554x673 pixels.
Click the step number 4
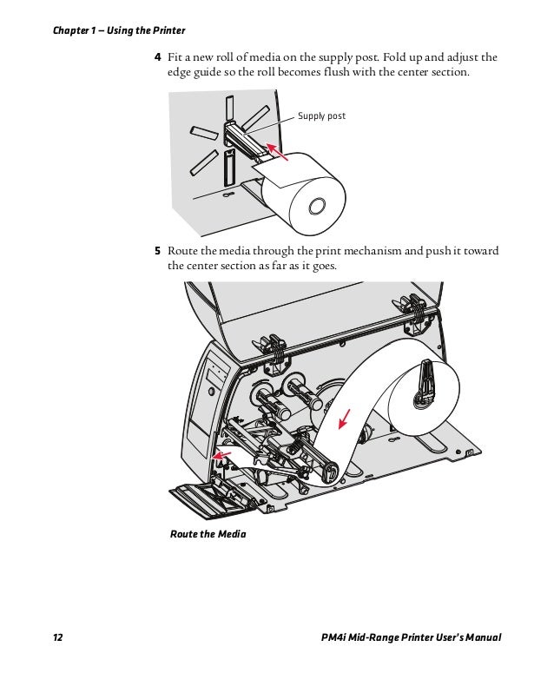(x=158, y=57)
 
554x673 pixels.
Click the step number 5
(x=158, y=251)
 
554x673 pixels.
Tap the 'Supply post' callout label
(x=321, y=115)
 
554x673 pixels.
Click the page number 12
(x=58, y=637)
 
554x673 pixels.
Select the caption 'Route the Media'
(x=208, y=534)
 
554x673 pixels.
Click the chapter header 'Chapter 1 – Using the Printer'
(x=119, y=30)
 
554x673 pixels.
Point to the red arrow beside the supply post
(x=277, y=151)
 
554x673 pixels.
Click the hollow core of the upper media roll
(x=317, y=207)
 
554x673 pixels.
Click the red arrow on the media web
(x=344, y=419)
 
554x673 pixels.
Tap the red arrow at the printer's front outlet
(x=221, y=454)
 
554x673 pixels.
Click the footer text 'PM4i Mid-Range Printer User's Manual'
(x=411, y=637)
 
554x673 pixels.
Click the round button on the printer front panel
(x=212, y=392)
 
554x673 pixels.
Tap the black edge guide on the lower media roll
(x=426, y=381)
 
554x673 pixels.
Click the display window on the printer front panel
(x=217, y=373)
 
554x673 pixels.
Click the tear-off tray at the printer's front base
(x=213, y=500)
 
